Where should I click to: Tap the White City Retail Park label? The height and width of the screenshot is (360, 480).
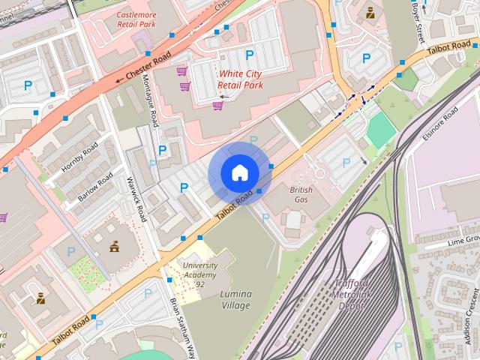pos(241,79)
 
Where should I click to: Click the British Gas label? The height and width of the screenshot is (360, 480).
pos(301,195)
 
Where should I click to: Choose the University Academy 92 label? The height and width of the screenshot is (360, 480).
pos(200,274)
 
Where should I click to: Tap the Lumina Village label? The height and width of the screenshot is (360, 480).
pos(236,299)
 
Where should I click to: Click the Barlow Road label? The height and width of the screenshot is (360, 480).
pos(95,187)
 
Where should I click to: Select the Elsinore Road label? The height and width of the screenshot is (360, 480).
pos(441,123)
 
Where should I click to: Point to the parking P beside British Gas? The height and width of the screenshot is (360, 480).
pos(346,163)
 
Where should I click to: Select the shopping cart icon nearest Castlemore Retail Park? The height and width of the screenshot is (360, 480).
pos(181,71)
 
